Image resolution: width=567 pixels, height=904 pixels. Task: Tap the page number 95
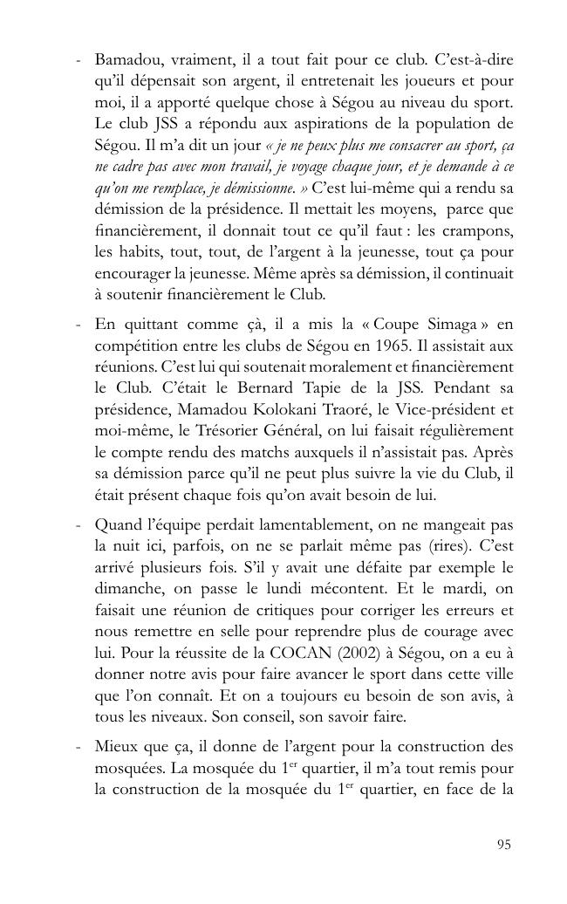[503, 844]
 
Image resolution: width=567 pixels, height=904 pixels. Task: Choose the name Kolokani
[316, 408]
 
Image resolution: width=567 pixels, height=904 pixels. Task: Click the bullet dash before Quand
[79, 525]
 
